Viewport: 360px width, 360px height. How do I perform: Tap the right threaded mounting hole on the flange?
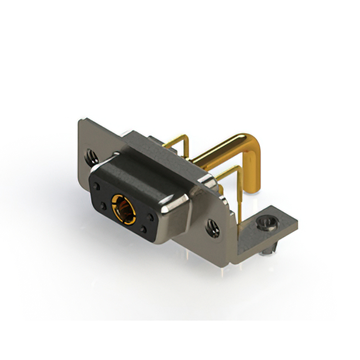[x=213, y=226]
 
